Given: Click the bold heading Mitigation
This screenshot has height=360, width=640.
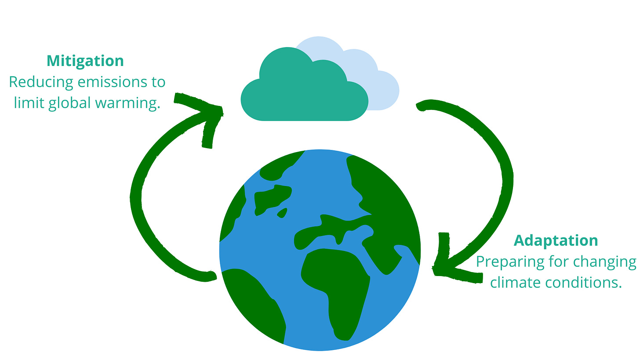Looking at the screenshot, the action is point(85,61).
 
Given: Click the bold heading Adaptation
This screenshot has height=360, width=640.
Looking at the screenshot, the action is point(556,240).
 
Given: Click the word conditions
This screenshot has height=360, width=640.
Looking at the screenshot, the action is point(584,283).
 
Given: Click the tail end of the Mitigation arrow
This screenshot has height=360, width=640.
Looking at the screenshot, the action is point(209,276).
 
